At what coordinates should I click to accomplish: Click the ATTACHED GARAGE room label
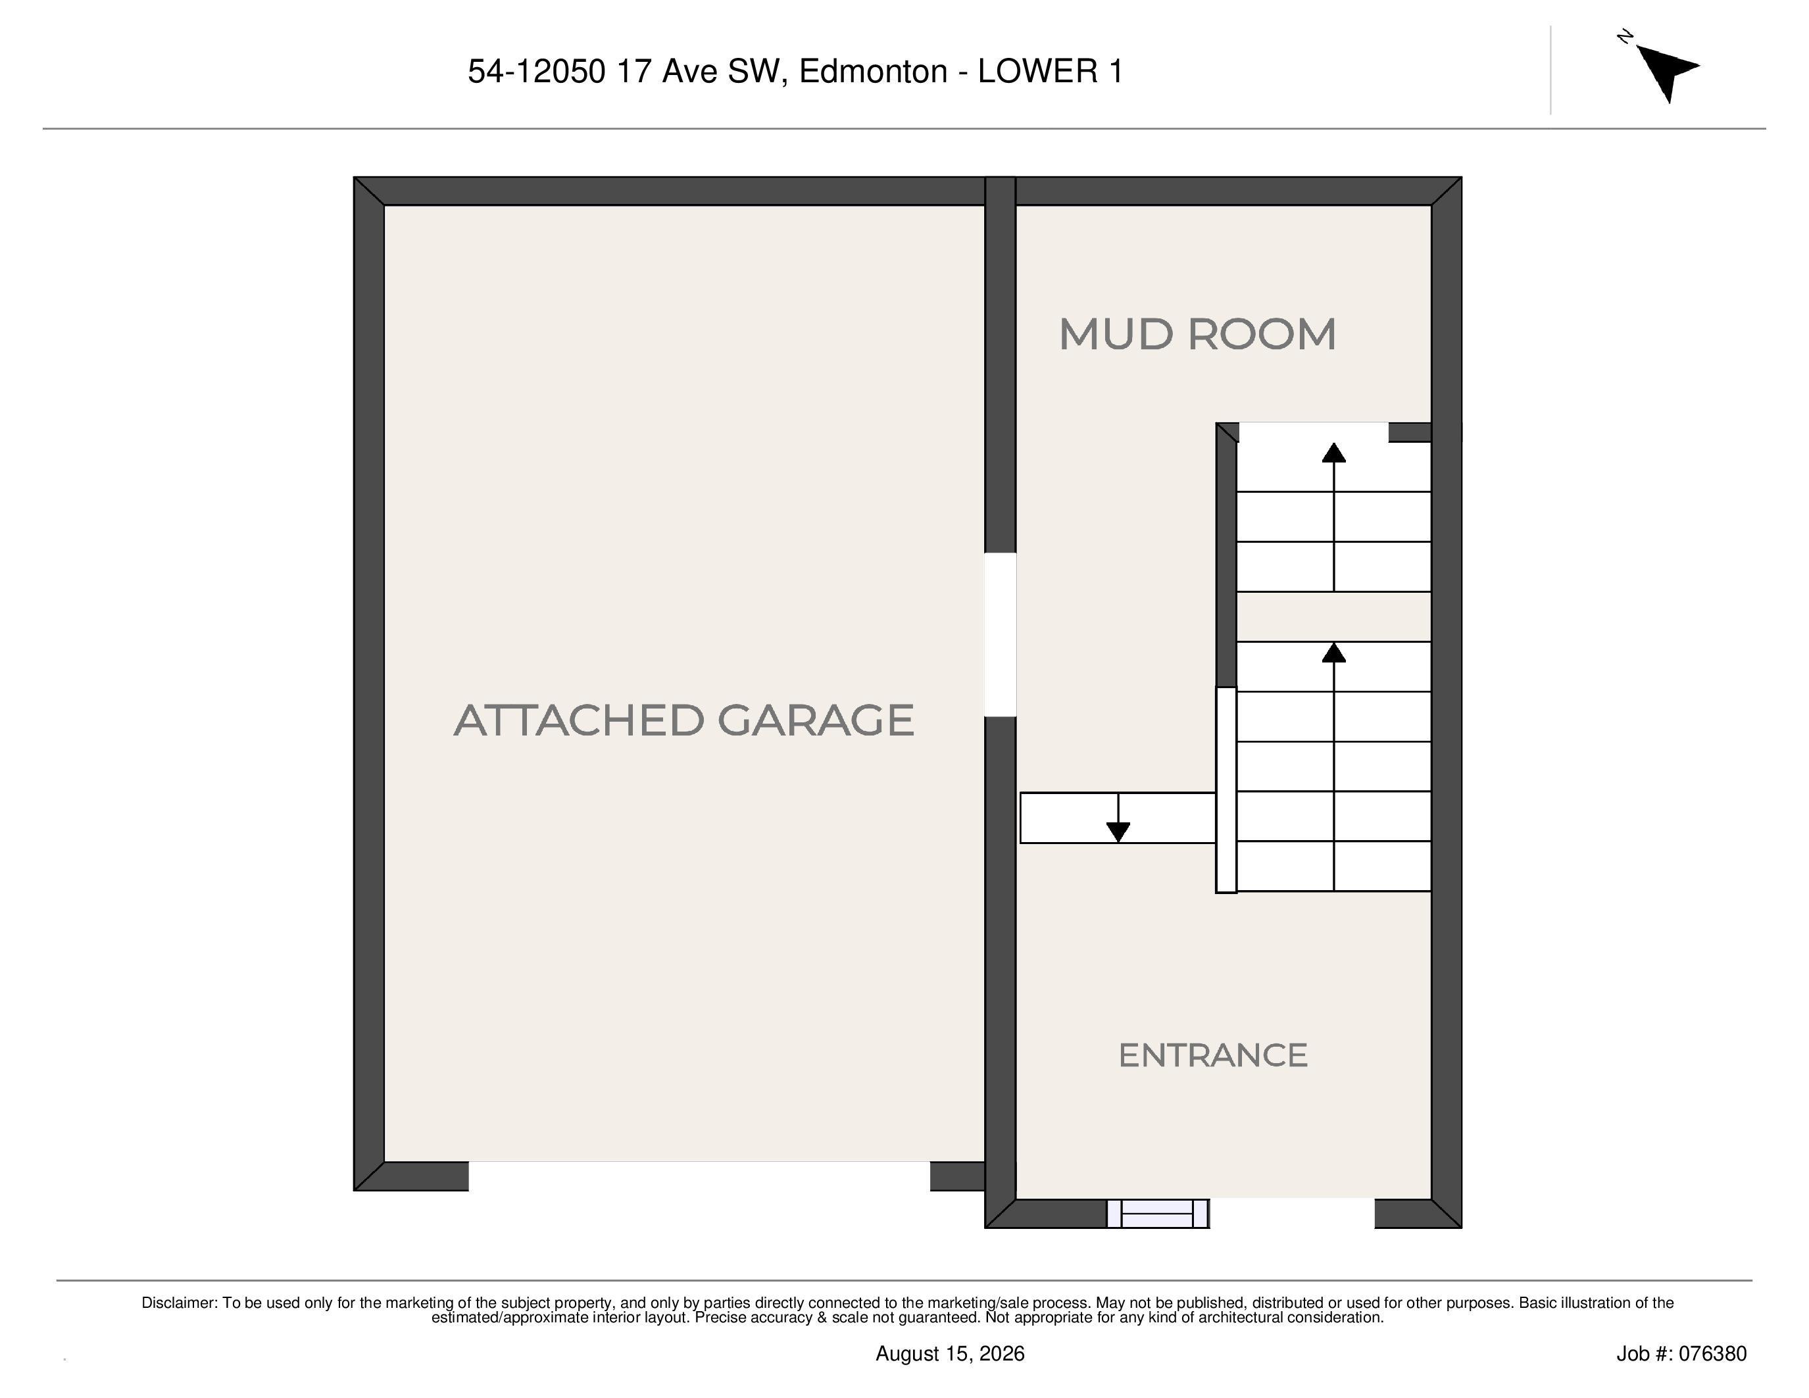coord(683,720)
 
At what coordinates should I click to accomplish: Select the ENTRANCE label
coord(1212,1055)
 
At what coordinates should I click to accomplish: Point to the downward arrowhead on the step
coord(1118,832)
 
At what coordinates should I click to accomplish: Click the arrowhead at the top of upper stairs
coord(1333,452)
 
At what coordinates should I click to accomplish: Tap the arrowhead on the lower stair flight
coord(1333,653)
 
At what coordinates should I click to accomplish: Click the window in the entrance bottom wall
coord(1158,1213)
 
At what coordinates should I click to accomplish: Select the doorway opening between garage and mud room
coord(1000,634)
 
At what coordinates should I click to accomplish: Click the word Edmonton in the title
coord(873,72)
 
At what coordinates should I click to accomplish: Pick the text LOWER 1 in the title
coord(1051,72)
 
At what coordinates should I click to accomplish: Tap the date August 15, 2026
coord(950,1354)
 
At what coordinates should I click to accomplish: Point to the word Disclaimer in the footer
coord(179,1303)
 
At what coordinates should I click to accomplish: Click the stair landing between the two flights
coord(1333,617)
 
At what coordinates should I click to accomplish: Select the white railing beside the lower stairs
coord(1226,790)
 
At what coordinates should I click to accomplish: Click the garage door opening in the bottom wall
coord(699,1176)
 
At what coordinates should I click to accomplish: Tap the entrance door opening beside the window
coord(1292,1213)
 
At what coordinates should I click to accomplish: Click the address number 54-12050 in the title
coord(537,72)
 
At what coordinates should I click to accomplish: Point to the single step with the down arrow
coord(1118,818)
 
